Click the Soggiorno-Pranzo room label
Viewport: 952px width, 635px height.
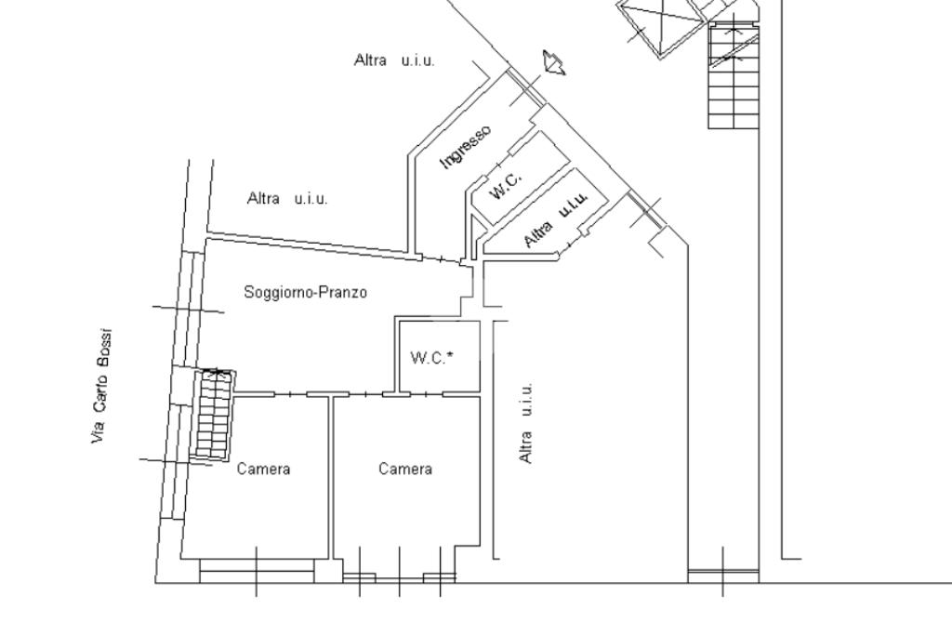305,293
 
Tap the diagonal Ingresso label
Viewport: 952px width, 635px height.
465,147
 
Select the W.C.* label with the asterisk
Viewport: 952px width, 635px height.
432,358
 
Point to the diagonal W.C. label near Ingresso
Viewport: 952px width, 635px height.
505,185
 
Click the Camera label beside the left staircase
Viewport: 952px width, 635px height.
263,469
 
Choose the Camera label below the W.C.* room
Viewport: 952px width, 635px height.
405,469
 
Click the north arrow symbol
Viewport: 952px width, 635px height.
554,62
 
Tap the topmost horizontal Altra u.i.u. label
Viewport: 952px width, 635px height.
394,60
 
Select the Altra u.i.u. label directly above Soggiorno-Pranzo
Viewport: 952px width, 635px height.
287,199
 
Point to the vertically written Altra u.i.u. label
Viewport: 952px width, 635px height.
526,422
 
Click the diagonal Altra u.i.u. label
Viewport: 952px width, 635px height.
556,219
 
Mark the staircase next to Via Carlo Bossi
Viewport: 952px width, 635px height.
213,415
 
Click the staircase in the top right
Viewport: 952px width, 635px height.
734,74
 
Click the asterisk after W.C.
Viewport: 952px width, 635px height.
450,354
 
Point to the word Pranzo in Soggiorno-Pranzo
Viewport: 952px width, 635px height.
346,292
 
